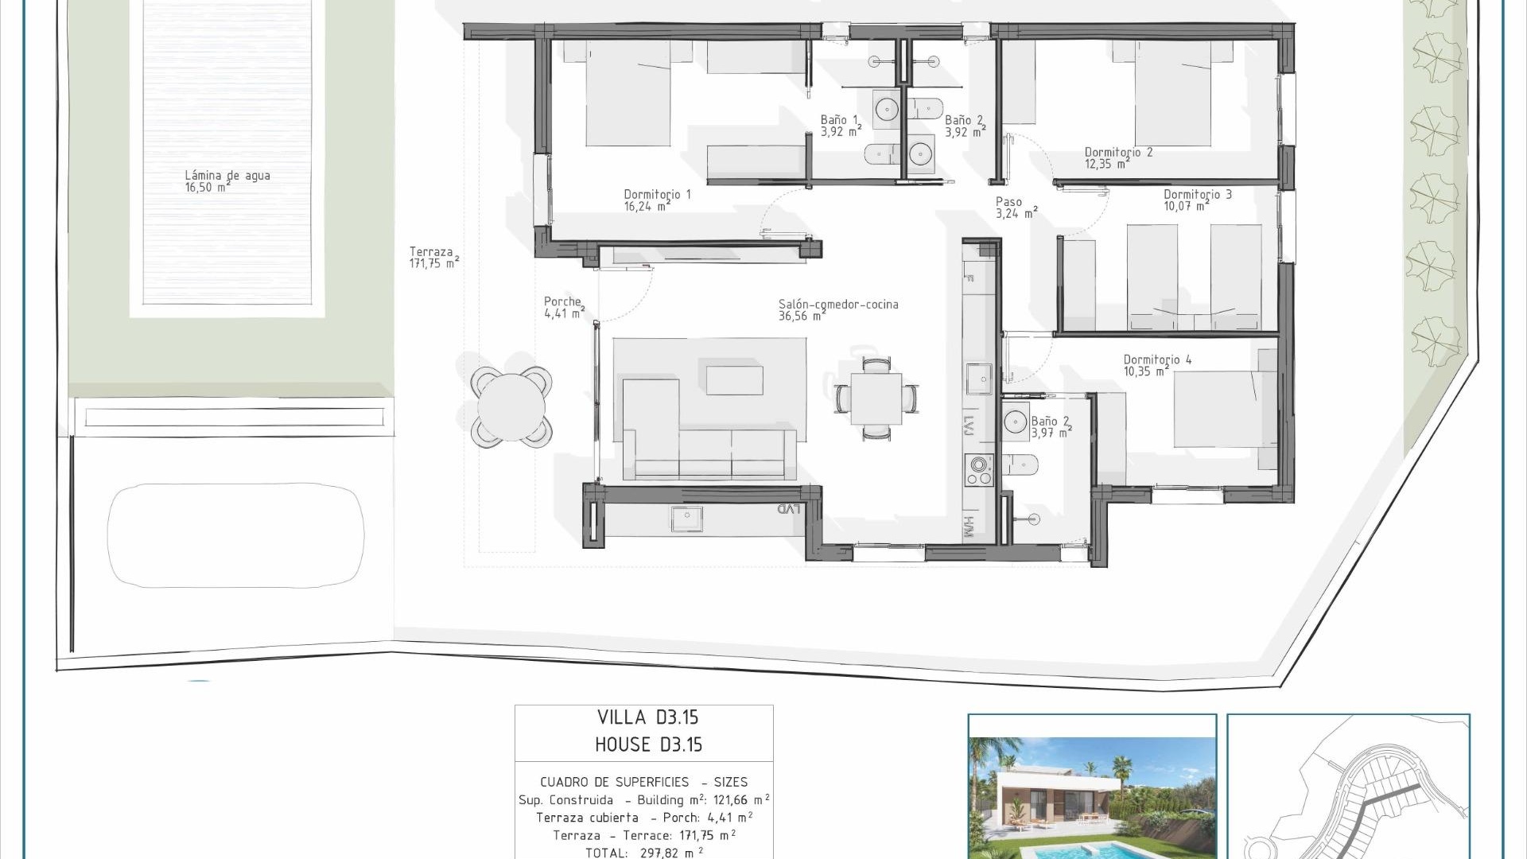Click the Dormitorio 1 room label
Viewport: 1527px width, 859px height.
click(x=657, y=200)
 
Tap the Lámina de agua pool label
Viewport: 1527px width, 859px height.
click(x=227, y=181)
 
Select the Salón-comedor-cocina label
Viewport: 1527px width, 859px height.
click(x=838, y=309)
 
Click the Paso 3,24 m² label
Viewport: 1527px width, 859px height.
click(x=1016, y=208)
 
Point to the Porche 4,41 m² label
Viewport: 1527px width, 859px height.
click(x=564, y=307)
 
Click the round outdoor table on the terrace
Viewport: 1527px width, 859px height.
click(x=511, y=406)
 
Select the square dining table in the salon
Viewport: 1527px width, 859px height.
click(x=876, y=399)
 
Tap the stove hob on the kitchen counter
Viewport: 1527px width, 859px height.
click(x=978, y=469)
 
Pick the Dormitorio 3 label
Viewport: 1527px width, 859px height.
click(x=1197, y=200)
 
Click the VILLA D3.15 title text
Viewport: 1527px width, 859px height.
click(x=647, y=717)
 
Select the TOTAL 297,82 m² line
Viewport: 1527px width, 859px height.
click(x=644, y=852)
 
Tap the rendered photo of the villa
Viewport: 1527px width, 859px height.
click(x=1092, y=795)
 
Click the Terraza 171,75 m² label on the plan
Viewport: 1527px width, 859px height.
click(x=433, y=257)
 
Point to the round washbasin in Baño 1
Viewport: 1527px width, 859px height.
click(x=886, y=109)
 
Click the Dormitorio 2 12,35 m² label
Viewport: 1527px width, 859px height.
click(x=1117, y=157)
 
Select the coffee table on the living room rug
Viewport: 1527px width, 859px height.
click(x=734, y=380)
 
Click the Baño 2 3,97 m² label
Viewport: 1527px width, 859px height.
click(x=1051, y=427)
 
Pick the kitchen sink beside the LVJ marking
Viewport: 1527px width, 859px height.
click(x=978, y=379)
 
